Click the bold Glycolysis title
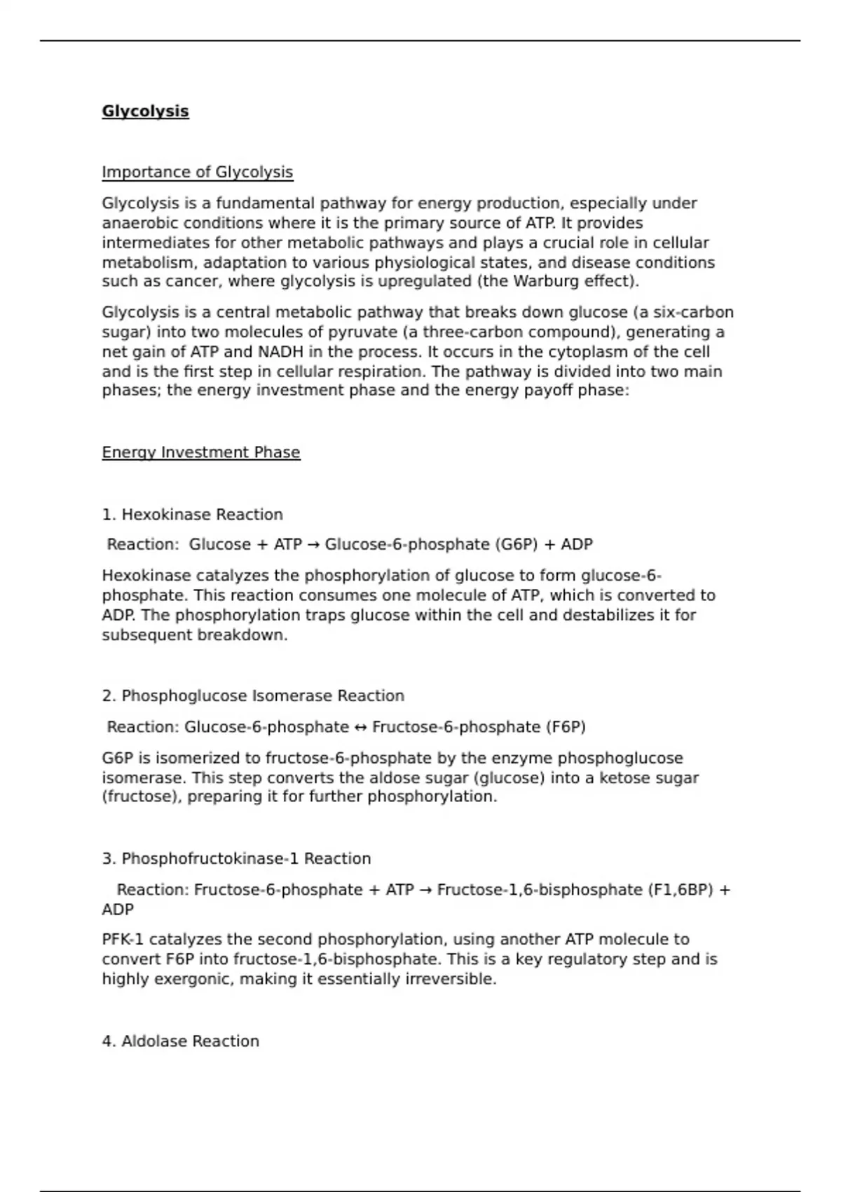coord(145,111)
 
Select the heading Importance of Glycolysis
coord(197,172)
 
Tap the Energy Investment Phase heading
coord(200,453)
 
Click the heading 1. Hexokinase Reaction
coord(192,515)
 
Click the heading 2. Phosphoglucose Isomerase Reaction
coord(253,696)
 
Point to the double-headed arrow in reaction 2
coord(360,727)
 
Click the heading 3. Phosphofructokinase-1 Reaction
coord(236,859)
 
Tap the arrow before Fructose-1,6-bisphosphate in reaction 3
coord(425,890)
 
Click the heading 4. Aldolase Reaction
coord(180,1041)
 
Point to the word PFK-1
coord(123,940)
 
